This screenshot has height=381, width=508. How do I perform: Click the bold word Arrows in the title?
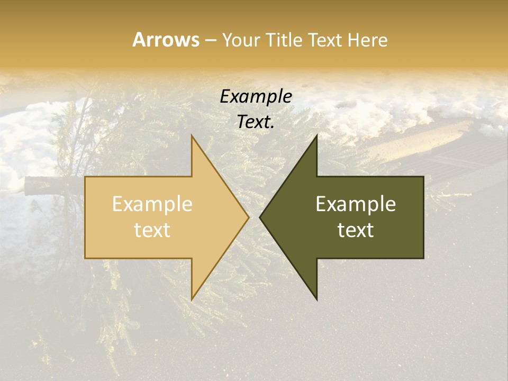(x=166, y=40)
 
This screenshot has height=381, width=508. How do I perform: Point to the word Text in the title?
(x=325, y=40)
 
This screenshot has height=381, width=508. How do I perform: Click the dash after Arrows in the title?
(x=210, y=40)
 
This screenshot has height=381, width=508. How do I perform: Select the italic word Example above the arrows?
(x=256, y=97)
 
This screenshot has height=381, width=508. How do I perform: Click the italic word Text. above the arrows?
(x=256, y=122)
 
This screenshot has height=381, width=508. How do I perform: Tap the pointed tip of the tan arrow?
(x=249, y=217)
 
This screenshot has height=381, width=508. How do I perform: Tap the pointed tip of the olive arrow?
(x=260, y=217)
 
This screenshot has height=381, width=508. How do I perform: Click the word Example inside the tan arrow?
(x=152, y=204)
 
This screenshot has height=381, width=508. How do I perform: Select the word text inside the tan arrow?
(x=152, y=230)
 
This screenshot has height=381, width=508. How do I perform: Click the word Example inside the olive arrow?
(x=356, y=204)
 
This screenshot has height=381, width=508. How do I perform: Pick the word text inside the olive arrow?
(x=356, y=230)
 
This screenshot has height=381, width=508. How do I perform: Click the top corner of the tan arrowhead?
(x=192, y=135)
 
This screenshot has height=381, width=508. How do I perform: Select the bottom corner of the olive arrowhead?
(x=316, y=300)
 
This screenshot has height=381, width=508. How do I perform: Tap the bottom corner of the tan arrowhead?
(x=192, y=300)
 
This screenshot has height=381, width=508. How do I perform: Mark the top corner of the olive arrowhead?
(x=316, y=135)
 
